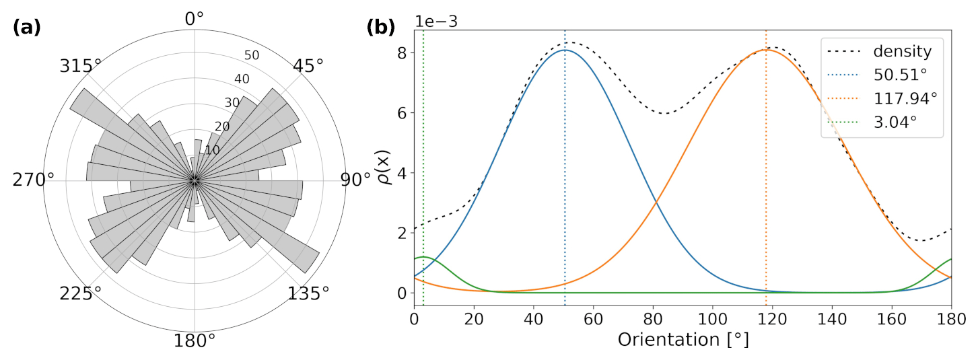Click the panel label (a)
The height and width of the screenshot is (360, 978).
click(x=27, y=28)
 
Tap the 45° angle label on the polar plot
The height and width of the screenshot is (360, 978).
click(x=308, y=67)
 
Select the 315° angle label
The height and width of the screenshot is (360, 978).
click(x=81, y=67)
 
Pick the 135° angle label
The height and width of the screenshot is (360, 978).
click(x=308, y=294)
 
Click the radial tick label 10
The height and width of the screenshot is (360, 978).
click(x=213, y=150)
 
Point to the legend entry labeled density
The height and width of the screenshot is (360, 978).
click(x=902, y=51)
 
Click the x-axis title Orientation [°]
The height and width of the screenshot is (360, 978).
click(x=683, y=340)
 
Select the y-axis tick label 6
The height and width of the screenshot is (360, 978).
click(x=402, y=112)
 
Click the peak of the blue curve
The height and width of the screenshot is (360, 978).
click(x=564, y=50)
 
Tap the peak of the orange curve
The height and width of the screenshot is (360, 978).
click(x=766, y=50)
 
